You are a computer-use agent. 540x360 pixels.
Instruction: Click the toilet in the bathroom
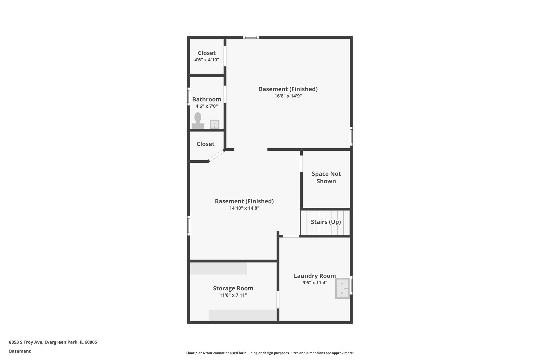pos(198,120)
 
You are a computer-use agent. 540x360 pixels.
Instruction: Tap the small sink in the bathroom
pos(214,124)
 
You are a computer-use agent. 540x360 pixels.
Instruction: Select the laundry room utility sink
pos(342,288)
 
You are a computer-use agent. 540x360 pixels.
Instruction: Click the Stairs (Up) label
pos(326,222)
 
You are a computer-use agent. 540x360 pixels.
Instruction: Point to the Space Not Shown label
pos(326,177)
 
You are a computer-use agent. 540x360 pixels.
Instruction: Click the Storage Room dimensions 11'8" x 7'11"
pos(233,295)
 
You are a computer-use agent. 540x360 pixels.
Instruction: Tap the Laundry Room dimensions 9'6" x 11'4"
pos(315,282)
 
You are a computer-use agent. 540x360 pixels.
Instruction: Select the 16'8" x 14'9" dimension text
pos(288,96)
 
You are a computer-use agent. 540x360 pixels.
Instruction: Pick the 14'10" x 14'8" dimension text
pos(244,208)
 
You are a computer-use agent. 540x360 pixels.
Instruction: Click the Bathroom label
pos(207,99)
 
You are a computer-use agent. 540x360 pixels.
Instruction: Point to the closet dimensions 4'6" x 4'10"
pos(207,60)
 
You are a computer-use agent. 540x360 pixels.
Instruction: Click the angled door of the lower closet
pos(216,156)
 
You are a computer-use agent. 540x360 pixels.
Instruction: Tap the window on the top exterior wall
pos(251,37)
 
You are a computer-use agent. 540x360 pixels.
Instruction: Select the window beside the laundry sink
pos(351,285)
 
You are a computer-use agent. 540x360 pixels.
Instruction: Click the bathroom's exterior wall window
pos(189,96)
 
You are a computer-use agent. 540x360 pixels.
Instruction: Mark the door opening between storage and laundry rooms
pos(278,300)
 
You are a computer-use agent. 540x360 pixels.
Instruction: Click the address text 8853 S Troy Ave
pos(26,342)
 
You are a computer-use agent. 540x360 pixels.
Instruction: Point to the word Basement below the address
pos(20,351)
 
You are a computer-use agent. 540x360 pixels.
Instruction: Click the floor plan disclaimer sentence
pos(270,353)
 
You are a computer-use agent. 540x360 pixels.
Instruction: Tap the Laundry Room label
pos(315,276)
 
